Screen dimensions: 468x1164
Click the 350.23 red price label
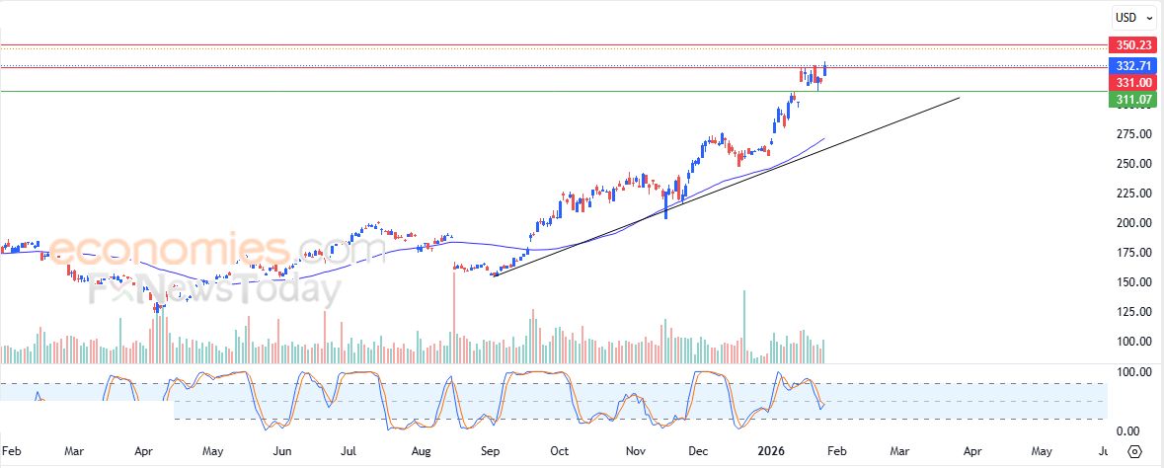click(x=1131, y=45)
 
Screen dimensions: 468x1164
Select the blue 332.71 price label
click(x=1131, y=66)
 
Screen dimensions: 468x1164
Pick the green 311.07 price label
click(x=1131, y=100)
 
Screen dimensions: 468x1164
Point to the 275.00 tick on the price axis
click(x=1131, y=134)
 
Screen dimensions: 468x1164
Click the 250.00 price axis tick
click(x=1131, y=164)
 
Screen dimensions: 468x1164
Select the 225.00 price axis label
click(x=1131, y=194)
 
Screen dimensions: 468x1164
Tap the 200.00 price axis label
click(x=1131, y=223)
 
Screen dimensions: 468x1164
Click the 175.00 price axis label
click(x=1131, y=253)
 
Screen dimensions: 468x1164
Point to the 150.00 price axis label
click(x=1131, y=282)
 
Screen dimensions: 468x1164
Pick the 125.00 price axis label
click(x=1131, y=312)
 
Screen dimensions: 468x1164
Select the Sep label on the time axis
click(x=490, y=450)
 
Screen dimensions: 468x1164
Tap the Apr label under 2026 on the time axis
click(x=971, y=450)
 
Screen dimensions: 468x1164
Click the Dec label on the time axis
click(x=699, y=450)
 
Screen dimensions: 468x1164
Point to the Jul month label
click(x=348, y=450)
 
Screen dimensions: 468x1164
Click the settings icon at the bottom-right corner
click(x=1135, y=451)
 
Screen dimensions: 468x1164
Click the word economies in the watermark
click(x=168, y=249)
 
